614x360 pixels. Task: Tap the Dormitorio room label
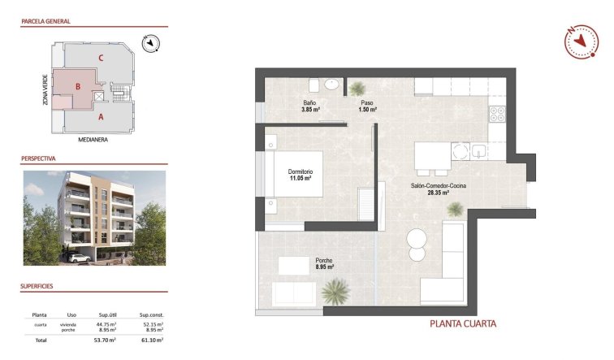(300, 175)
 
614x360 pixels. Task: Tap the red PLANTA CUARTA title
(462, 323)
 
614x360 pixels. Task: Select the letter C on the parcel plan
(100, 57)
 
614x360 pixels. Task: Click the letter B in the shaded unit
(77, 86)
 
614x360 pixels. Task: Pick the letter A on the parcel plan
(101, 117)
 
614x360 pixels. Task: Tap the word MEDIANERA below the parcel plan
(93, 139)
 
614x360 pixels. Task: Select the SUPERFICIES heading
(37, 287)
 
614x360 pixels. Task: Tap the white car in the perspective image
(80, 258)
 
